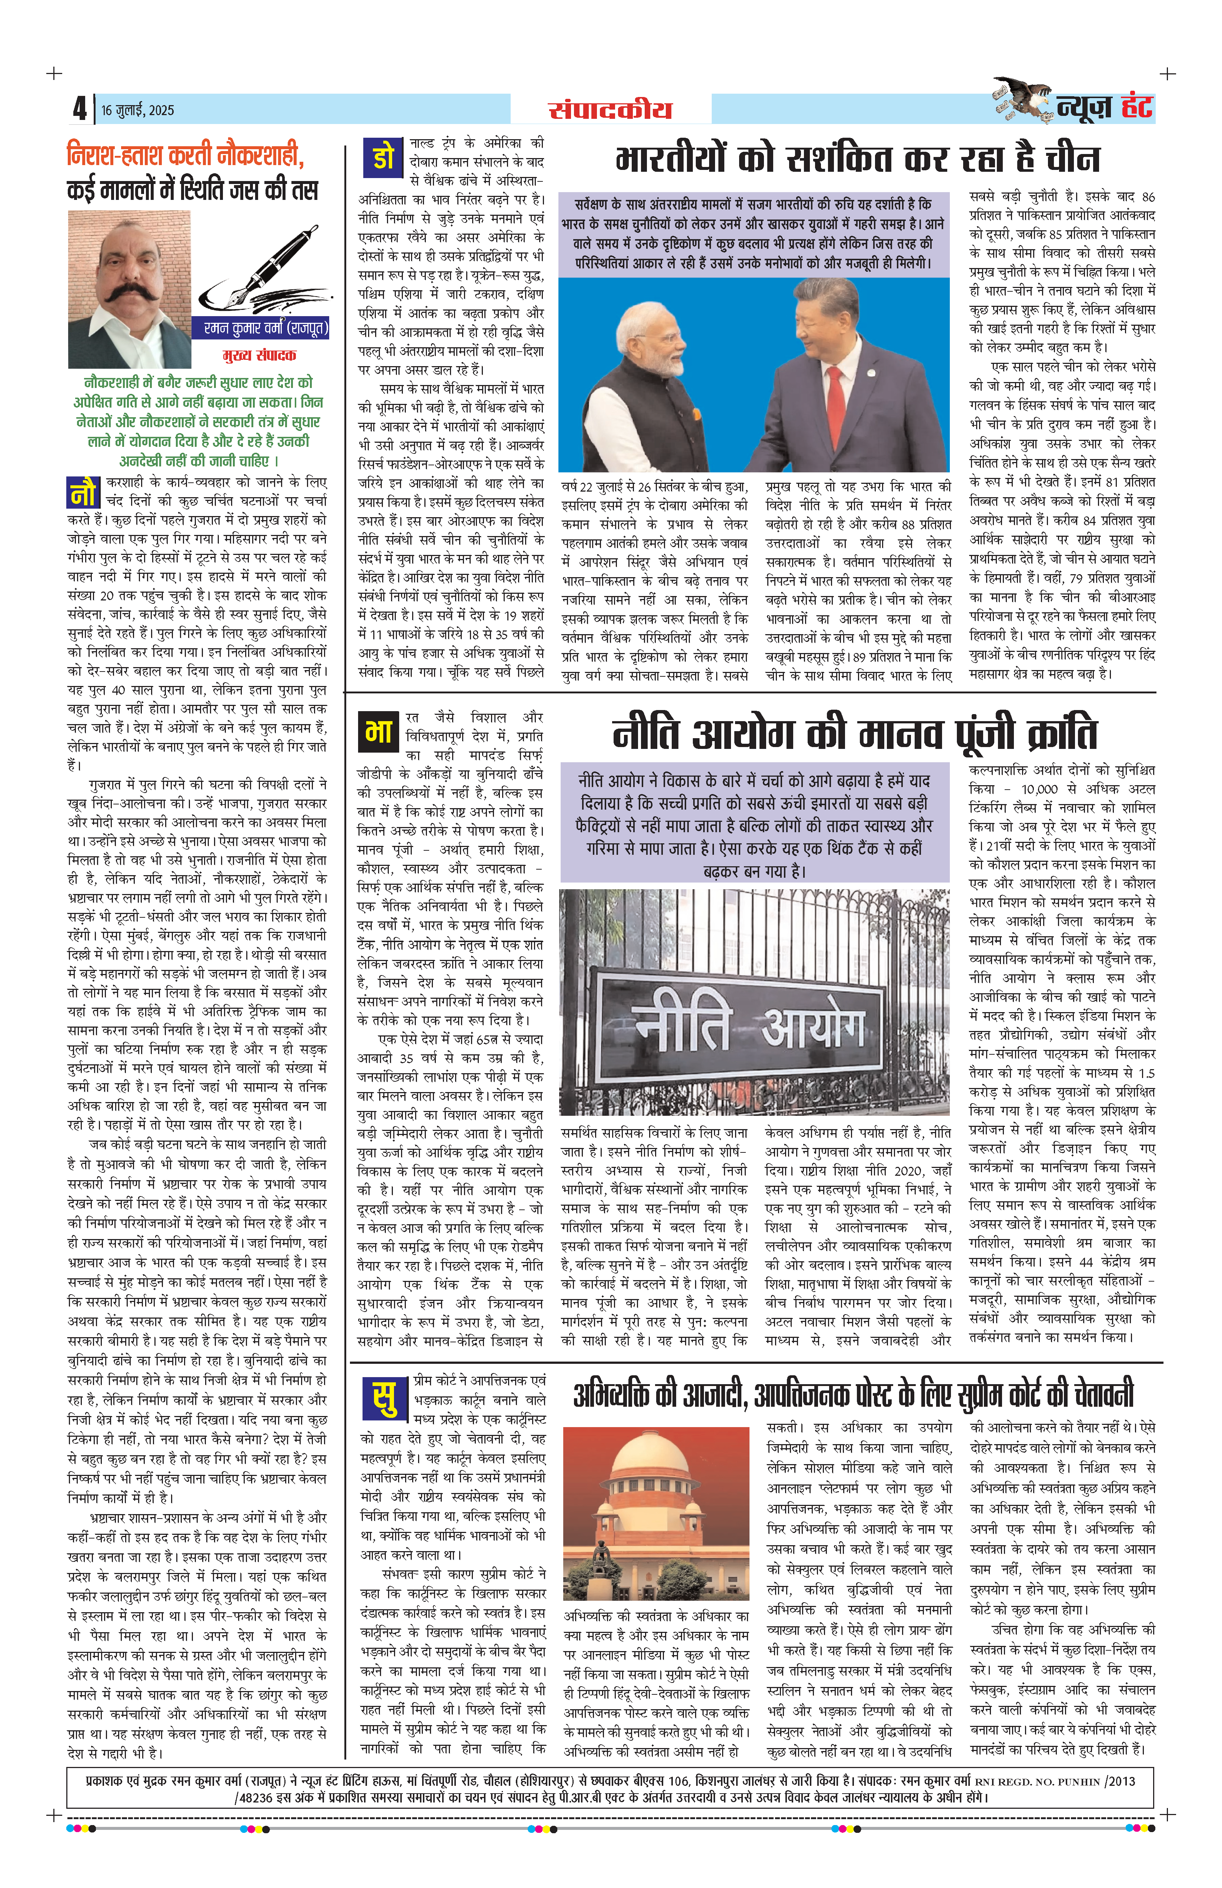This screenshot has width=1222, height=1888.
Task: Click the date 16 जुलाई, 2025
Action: coord(137,110)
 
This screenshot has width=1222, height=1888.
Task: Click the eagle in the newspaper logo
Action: coord(1024,98)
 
